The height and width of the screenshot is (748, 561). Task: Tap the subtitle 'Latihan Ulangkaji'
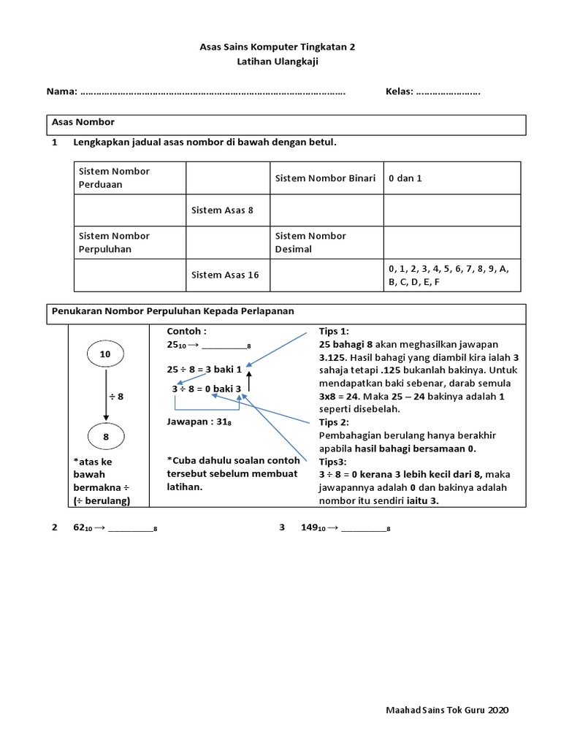tap(278, 62)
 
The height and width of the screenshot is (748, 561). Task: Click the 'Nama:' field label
tap(62, 92)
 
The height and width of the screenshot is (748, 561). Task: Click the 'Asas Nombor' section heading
tap(83, 122)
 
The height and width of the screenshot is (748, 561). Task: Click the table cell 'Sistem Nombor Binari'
tap(325, 178)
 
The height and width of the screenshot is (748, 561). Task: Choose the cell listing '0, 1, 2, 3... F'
tap(451, 275)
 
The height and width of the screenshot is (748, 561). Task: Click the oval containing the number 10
tap(105, 354)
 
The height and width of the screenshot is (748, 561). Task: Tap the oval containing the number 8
tap(105, 437)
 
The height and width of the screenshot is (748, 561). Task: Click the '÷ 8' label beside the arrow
tap(116, 396)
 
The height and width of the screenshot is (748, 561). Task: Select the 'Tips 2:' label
tap(335, 422)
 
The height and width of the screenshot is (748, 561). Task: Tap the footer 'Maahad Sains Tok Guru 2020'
tap(447, 709)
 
